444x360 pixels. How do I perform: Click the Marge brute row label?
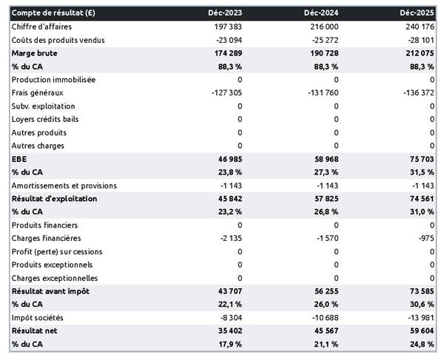34,53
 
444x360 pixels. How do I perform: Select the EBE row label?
19,159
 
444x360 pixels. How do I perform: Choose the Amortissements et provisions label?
64,186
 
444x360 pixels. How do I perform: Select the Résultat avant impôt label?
50,291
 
